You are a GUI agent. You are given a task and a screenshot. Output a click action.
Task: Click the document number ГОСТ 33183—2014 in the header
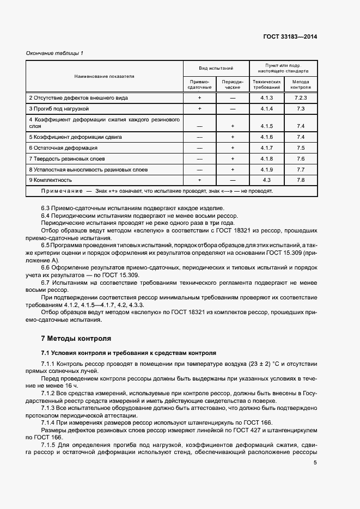(x=291, y=36)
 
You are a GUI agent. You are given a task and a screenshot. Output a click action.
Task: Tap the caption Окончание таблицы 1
(x=56, y=53)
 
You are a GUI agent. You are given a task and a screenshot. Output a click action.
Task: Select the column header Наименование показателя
(x=104, y=76)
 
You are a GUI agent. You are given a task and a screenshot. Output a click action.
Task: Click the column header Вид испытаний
(x=216, y=68)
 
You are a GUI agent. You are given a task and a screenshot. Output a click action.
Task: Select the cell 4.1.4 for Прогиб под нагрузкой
(x=266, y=108)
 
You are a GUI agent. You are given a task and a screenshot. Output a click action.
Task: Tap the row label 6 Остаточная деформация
(x=63, y=148)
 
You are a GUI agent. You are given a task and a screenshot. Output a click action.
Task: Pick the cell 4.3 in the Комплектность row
(x=266, y=180)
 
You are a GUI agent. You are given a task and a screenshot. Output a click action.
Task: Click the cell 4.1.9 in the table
(x=266, y=169)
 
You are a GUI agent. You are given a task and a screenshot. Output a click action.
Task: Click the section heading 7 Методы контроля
(x=72, y=339)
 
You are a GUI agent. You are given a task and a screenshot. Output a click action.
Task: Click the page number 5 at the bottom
(x=315, y=463)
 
